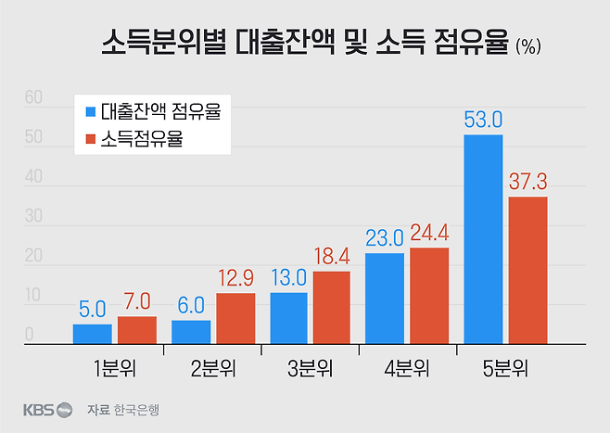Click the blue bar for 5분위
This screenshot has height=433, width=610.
coord(483,239)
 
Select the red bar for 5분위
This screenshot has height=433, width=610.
coord(527,270)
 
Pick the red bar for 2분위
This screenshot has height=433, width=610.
coord(235,318)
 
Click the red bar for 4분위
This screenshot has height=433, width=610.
coord(429,296)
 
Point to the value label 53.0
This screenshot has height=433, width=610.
coord(483,120)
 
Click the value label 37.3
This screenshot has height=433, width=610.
coord(528,181)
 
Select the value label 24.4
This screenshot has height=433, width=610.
coord(429,232)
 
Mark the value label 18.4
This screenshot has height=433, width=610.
coord(332,255)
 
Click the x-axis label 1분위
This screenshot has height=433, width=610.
coord(114,368)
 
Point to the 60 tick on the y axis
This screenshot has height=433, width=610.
coord(34,97)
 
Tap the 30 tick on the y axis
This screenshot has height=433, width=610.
coord(34,216)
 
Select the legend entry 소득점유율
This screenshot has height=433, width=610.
coord(139,140)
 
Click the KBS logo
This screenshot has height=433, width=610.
coord(47,409)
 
